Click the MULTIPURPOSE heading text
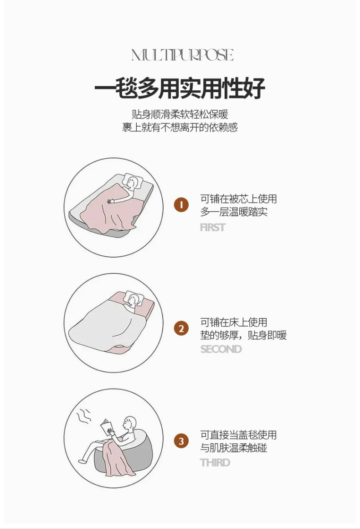click(182, 55)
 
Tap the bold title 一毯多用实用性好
click(180, 88)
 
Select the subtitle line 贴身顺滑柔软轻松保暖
click(180, 114)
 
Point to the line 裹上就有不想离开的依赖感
click(180, 127)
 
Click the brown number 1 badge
click(181, 205)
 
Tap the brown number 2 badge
click(181, 328)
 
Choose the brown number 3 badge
click(181, 441)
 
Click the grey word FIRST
click(212, 228)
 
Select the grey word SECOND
click(221, 349)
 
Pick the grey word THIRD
click(215, 462)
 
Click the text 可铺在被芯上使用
click(238, 199)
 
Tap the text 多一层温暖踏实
click(234, 212)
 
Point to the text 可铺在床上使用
click(234, 322)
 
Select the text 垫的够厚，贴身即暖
click(243, 335)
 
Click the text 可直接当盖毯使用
click(238, 435)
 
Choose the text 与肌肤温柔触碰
click(234, 448)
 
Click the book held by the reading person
click(107, 427)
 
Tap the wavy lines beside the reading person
click(84, 417)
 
